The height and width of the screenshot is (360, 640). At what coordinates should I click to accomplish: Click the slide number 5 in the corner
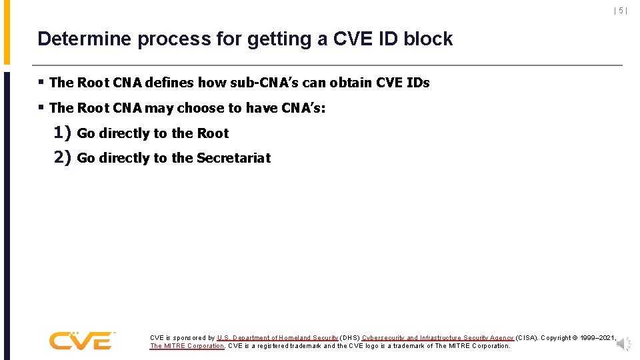tap(620, 11)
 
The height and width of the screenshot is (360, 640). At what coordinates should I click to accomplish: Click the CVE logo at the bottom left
tap(81, 340)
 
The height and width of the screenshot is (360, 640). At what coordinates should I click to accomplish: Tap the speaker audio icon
tap(623, 344)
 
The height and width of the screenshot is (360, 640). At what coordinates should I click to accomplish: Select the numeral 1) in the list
tap(62, 133)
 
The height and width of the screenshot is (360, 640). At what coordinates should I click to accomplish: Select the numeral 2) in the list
tap(62, 157)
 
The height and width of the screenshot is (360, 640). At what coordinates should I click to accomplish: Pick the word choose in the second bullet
tap(209, 108)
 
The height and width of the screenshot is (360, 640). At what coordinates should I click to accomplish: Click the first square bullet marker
tap(41, 83)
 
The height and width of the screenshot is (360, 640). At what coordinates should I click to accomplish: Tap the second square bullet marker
tap(41, 107)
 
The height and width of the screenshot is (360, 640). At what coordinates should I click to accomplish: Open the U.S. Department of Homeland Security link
tap(277, 338)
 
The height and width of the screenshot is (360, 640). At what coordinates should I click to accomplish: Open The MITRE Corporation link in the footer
tap(187, 346)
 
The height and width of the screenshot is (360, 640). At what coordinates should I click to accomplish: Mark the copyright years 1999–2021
tap(597, 338)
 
